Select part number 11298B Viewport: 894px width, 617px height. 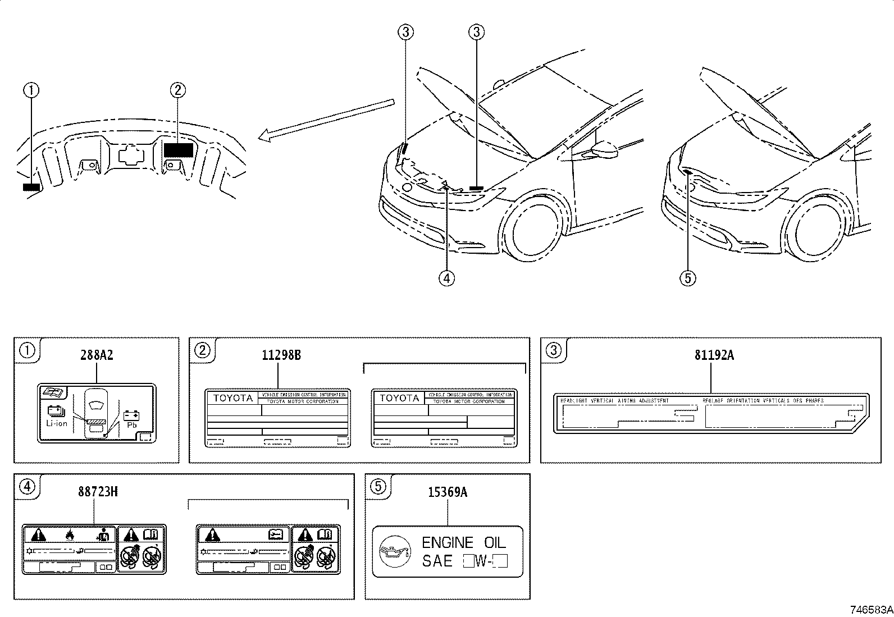281,355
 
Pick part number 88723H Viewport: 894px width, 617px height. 97,492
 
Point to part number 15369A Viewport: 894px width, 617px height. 447,492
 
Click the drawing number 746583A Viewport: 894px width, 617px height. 870,610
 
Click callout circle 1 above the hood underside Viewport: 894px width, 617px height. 31,89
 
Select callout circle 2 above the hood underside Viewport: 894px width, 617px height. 177,89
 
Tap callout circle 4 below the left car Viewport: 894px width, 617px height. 447,277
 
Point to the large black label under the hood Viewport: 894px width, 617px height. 179,150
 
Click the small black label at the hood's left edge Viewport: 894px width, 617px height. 31,187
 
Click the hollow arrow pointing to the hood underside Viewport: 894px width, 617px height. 326,120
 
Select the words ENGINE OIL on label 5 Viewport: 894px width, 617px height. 463,542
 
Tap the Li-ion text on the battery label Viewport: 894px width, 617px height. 57,423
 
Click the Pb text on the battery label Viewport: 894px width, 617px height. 133,426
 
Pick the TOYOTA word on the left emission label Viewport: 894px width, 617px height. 232,398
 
